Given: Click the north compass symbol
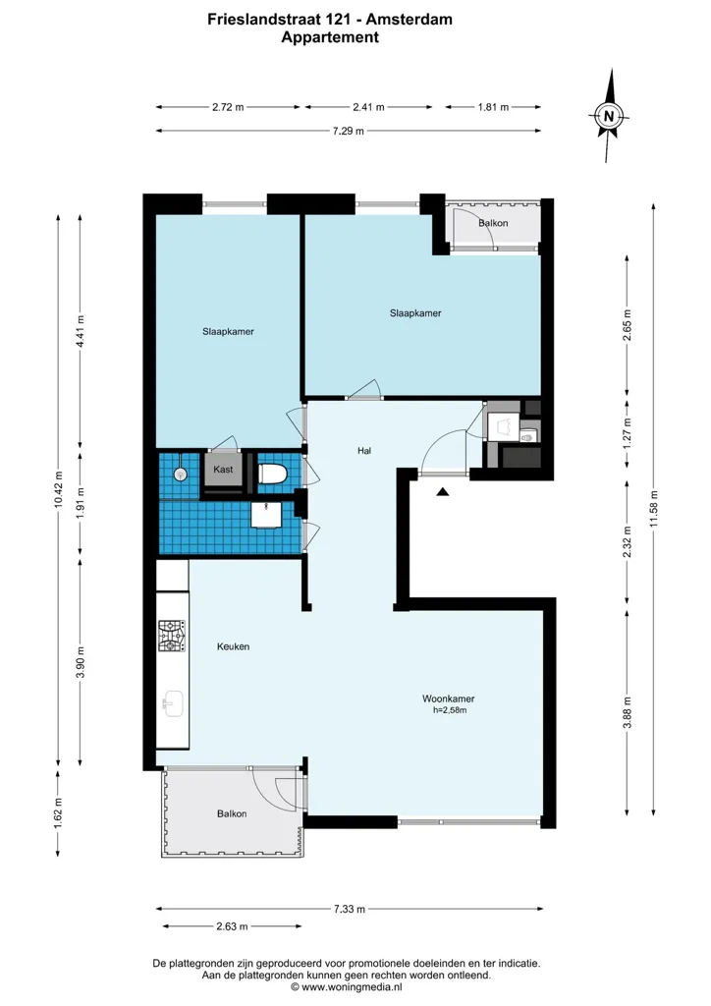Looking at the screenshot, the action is (609, 116).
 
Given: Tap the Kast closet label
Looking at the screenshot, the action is (223, 470).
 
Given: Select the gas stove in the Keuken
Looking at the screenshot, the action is (172, 636).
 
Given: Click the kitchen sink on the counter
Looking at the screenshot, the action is (173, 703).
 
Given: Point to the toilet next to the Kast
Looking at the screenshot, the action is (272, 475).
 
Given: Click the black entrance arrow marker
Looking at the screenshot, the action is (442, 491).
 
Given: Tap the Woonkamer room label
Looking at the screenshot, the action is (448, 699).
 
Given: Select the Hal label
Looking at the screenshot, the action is (364, 451).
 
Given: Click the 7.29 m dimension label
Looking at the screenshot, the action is (348, 131).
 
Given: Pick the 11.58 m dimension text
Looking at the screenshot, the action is (653, 509).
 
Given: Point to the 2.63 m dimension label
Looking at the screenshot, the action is (232, 926).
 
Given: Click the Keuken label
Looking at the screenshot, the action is (234, 646).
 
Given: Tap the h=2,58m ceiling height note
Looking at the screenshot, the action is (450, 710).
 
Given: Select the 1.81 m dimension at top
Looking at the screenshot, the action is (493, 107).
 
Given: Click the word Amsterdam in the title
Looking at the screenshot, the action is (410, 20).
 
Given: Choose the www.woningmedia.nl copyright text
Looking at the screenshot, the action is (347, 987).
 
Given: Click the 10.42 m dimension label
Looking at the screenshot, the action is (59, 490).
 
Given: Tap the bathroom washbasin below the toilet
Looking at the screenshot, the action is (265, 515).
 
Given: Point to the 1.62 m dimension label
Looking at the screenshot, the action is (58, 812).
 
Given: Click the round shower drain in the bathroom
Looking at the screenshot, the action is (180, 474).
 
